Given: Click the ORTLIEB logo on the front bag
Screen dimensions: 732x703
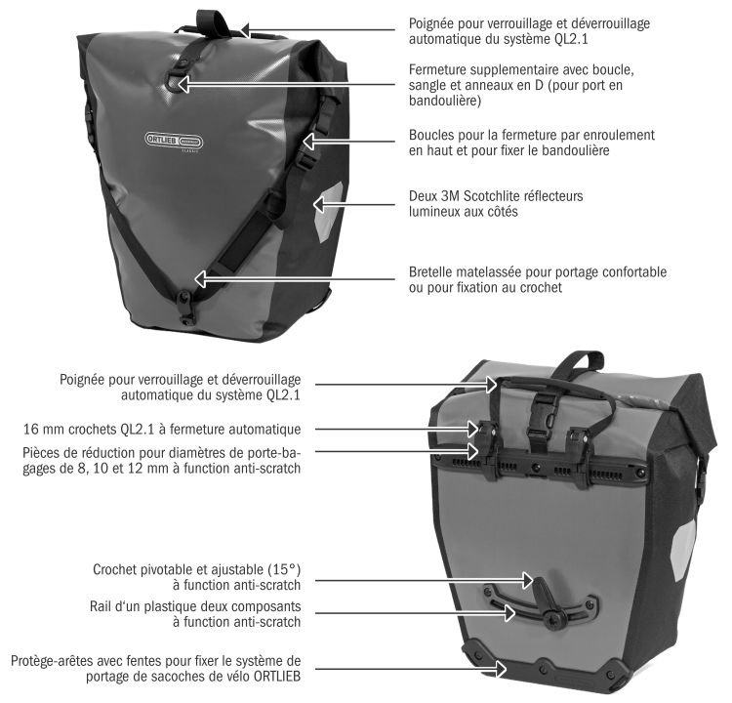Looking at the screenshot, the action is click(x=174, y=141).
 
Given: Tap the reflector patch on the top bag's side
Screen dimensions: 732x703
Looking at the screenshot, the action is click(x=328, y=211).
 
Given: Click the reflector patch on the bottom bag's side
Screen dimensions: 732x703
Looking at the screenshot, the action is click(x=683, y=551).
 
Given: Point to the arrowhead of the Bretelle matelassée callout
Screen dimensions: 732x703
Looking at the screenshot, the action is click(x=201, y=279).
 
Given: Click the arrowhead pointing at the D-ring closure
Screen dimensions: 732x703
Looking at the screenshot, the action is click(x=183, y=84).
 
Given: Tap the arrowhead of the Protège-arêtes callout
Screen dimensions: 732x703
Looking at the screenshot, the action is click(x=501, y=669).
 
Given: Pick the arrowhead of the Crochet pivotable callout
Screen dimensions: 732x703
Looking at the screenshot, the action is click(x=527, y=581).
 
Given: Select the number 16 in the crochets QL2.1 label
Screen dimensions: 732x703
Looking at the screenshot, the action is click(x=30, y=430).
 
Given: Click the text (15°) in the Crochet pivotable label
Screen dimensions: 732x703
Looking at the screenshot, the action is click(x=284, y=569).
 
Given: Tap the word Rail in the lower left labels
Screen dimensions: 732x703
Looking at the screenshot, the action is click(x=100, y=606).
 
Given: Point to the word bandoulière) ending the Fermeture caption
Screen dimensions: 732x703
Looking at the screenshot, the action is click(x=445, y=101).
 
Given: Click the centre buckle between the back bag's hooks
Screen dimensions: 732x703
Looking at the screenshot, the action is click(x=541, y=421).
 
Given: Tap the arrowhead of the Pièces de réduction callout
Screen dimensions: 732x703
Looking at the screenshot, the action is click(x=472, y=451).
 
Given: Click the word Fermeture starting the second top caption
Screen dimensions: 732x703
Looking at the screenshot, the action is click(x=437, y=69).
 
